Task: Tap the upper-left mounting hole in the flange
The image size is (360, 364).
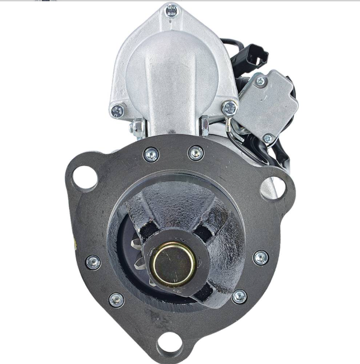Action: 83,175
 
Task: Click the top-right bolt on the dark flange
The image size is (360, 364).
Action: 196,154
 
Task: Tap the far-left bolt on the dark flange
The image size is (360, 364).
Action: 93,262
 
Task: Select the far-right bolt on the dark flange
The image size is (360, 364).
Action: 260,258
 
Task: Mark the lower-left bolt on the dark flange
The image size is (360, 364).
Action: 116,300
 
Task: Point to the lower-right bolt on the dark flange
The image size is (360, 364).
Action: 239,296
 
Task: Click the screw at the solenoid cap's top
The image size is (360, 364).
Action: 172,10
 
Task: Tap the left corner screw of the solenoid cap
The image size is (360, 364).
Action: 118,111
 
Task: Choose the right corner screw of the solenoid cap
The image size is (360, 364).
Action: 229,109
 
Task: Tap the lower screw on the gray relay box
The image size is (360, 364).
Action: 268,139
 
